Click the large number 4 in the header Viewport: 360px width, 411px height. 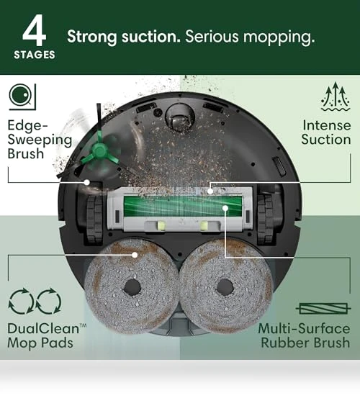coord(35,30)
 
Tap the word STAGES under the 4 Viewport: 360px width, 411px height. coord(35,55)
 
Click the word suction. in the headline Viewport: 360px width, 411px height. coord(151,37)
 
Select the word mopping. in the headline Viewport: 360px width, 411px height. coord(279,37)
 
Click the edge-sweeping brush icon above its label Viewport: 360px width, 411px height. coord(22,96)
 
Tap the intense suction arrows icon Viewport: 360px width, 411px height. coord(336,96)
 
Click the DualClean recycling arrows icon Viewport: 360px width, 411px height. coord(35,301)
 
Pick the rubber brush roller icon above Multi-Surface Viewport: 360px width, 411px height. coord(323,309)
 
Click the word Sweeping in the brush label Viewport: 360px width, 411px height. coord(40,140)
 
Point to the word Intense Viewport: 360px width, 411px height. coord(327,125)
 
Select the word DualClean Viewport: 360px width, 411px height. coord(43,328)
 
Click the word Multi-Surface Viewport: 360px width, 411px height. coord(304,328)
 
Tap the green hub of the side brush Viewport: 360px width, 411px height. coord(99,151)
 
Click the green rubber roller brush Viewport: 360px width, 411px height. coord(182,206)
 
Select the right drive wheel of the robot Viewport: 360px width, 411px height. coord(266,218)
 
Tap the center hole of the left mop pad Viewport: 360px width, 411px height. coord(132,286)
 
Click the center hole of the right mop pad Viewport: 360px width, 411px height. coord(225,287)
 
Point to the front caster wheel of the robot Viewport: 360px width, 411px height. coord(180,117)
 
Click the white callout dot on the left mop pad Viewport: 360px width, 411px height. coord(135,255)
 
